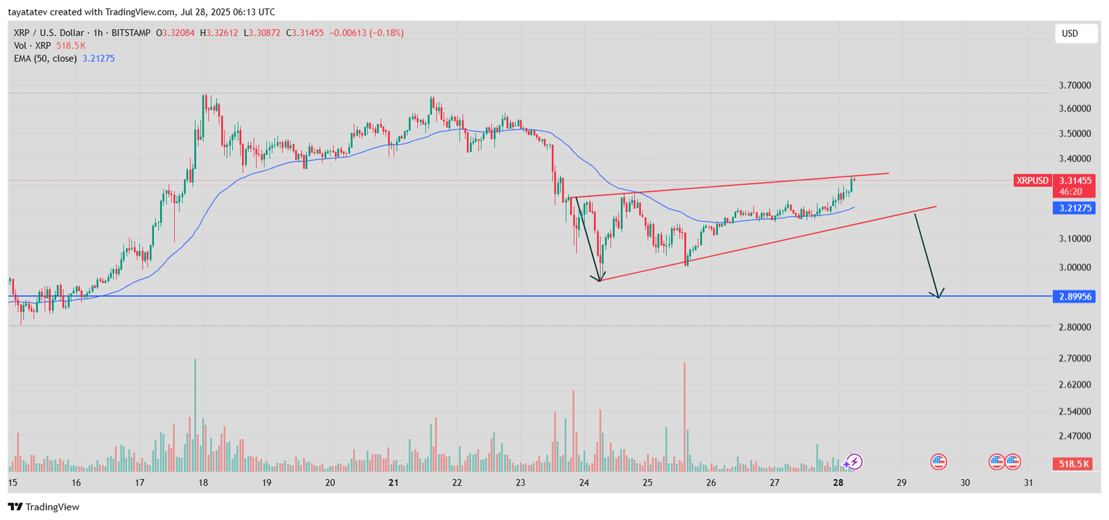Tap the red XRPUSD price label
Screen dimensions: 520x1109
coord(1032,181)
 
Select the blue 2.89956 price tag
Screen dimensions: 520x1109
coord(1074,297)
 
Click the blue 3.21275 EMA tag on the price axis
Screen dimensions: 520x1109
coord(1074,208)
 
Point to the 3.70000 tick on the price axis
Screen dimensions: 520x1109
coord(1074,85)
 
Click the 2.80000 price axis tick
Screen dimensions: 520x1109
coord(1074,327)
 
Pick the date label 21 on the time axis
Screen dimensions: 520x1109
coord(394,483)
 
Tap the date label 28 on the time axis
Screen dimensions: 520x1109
coord(838,483)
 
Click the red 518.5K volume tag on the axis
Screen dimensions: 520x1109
coord(1073,464)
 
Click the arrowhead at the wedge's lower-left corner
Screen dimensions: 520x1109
coord(600,279)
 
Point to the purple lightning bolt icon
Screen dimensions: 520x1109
coord(855,461)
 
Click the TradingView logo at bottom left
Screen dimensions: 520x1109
coord(44,507)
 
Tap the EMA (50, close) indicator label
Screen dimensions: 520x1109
coord(45,59)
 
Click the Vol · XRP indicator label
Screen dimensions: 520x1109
coord(33,46)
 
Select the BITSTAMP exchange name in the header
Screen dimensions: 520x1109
coord(131,33)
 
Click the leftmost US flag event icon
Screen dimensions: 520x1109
coord(938,461)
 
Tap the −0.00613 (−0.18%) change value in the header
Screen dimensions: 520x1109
coord(366,33)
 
